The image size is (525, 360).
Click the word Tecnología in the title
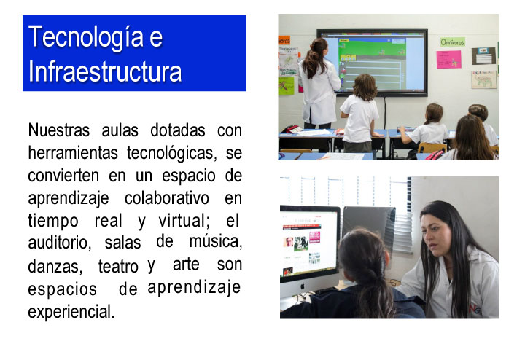[86, 38]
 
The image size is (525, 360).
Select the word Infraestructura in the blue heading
[105, 71]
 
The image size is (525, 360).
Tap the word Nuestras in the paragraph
[59, 130]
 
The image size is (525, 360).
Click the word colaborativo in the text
[167, 198]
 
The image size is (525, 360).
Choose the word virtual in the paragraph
[183, 221]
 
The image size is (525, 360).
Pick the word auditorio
[59, 243]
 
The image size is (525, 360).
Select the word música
[216, 241]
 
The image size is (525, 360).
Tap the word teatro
[118, 266]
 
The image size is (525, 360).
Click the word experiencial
[71, 311]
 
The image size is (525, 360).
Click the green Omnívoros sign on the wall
[452, 42]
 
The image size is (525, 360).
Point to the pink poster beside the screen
[448, 59]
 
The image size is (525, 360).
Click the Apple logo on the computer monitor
[303, 286]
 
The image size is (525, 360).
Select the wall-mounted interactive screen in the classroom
[372, 63]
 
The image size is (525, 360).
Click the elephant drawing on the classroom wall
[484, 79]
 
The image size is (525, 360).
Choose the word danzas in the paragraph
[55, 267]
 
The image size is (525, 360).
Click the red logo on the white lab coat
[475, 309]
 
